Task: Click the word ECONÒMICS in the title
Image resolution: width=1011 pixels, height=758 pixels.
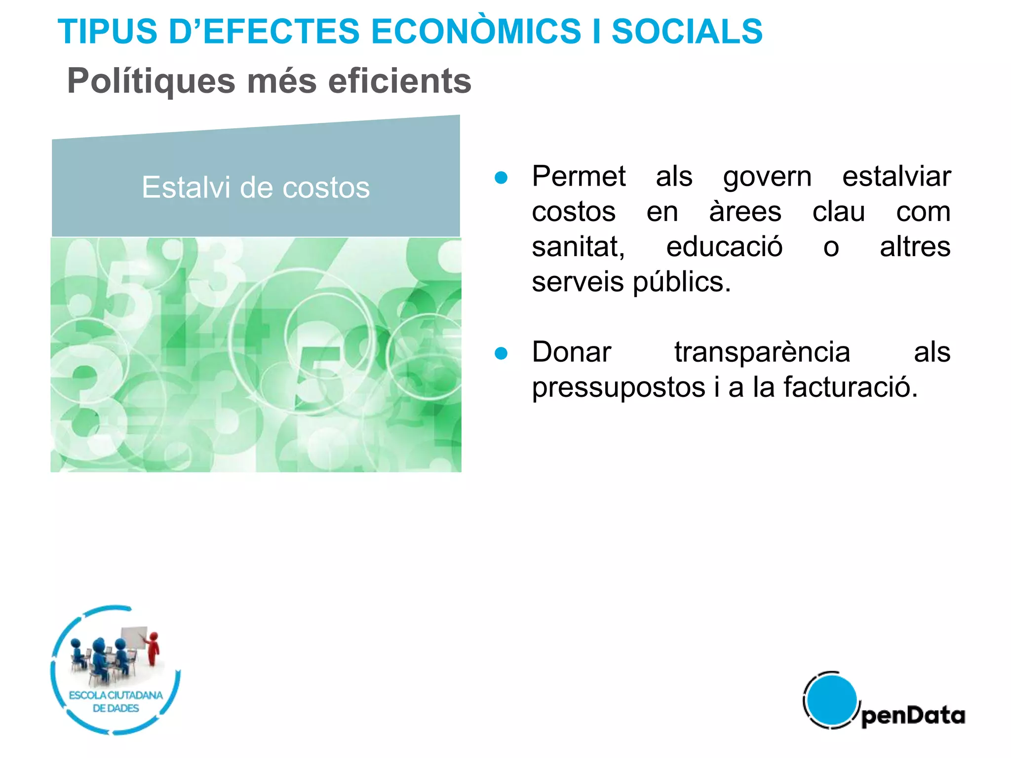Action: pyautogui.click(x=476, y=31)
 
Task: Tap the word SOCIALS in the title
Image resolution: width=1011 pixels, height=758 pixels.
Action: pyautogui.click(x=687, y=31)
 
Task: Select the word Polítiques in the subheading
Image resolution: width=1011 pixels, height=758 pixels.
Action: pyautogui.click(x=151, y=81)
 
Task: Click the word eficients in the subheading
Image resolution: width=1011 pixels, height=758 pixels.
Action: pyautogui.click(x=400, y=81)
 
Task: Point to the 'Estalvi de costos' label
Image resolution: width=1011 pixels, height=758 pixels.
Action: pyautogui.click(x=256, y=188)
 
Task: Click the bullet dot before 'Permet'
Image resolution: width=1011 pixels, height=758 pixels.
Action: pyautogui.click(x=501, y=178)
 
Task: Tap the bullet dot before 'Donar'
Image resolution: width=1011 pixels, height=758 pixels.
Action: pyautogui.click(x=501, y=353)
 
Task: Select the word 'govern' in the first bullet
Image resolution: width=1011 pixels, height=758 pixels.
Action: pyautogui.click(x=767, y=177)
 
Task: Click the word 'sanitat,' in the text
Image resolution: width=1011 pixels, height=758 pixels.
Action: pyautogui.click(x=578, y=247)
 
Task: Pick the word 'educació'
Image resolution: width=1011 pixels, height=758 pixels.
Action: pyautogui.click(x=724, y=247)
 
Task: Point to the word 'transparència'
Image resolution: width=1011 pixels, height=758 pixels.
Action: pyautogui.click(x=762, y=352)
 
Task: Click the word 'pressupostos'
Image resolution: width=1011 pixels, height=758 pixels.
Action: pyautogui.click(x=619, y=388)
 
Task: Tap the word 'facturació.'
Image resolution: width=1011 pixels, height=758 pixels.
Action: pyautogui.click(x=851, y=387)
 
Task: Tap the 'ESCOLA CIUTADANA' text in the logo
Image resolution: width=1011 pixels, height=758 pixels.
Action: pyautogui.click(x=116, y=695)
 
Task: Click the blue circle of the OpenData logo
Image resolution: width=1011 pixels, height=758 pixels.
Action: pyautogui.click(x=831, y=700)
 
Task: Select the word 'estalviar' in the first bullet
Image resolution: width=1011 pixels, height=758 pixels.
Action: pyautogui.click(x=896, y=177)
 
